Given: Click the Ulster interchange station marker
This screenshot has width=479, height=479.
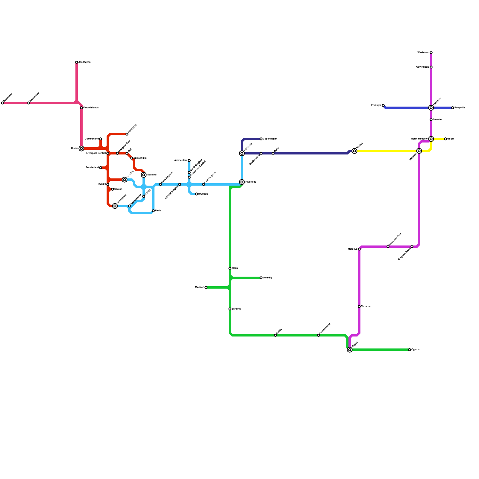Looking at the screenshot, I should pos(81,148).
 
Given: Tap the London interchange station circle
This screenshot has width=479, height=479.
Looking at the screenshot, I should pos(125,180).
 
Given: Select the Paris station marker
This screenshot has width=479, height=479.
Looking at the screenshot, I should pos(153,211).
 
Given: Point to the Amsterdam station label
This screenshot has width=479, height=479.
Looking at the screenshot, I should pos(181,160).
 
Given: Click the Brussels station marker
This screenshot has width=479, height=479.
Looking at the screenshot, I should pos(196,194).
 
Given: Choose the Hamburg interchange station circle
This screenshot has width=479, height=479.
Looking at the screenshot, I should pos(242,153).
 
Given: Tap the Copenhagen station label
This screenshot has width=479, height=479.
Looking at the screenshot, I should pos(270,139).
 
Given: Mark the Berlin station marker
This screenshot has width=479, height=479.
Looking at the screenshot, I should pos(273,153).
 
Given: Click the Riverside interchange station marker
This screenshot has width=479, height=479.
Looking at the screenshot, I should pos(242,182).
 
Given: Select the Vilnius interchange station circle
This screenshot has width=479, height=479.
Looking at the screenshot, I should pos(354,151).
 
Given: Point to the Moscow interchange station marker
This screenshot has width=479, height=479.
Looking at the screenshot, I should pos(419,151).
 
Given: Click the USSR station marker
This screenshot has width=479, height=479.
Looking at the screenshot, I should pos(445,139).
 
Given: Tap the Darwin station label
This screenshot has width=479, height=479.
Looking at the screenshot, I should pos(437,120).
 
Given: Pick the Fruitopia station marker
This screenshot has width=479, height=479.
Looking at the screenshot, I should pos(383,105).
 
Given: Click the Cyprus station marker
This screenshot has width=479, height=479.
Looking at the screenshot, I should pos(410,350).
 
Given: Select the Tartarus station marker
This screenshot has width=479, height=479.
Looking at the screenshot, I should pos(359,307).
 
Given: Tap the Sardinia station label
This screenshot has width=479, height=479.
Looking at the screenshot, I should pos(237,309).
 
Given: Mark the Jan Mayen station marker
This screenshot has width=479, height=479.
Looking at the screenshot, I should pos(77,62).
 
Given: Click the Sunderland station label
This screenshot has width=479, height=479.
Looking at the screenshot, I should pos(92,168).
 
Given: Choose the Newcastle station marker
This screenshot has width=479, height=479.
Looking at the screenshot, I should pos(127,134).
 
